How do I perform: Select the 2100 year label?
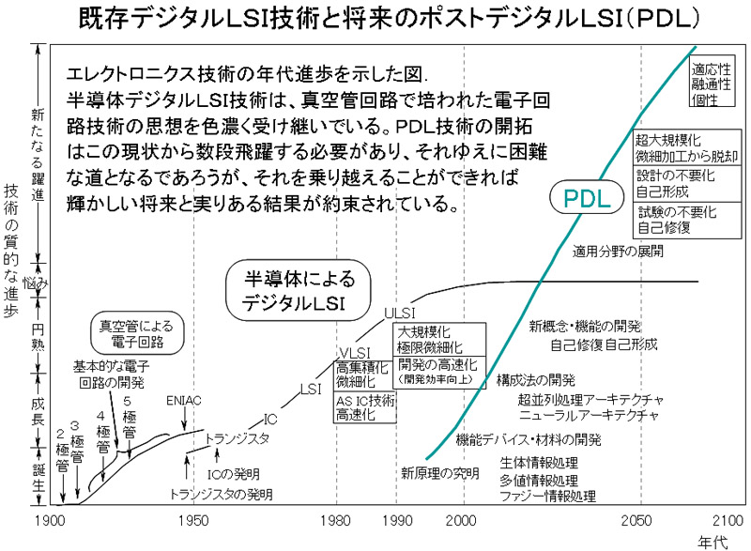coord(728,520)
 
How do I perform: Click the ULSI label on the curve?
coord(400,314)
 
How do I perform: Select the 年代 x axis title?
coord(713,542)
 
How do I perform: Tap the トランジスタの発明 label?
coord(222,493)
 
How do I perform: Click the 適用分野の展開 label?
coord(618,251)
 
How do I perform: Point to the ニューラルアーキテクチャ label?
coord(589,414)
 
